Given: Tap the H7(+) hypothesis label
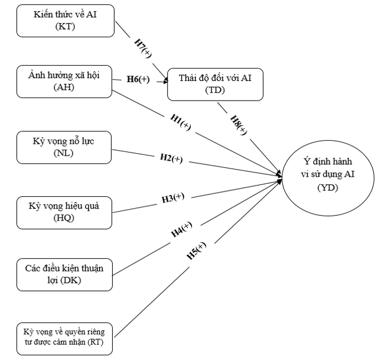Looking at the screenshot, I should pos(141,44).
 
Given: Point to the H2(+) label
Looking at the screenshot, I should pos(171,158).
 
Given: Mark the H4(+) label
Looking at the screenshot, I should pos(182,230).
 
